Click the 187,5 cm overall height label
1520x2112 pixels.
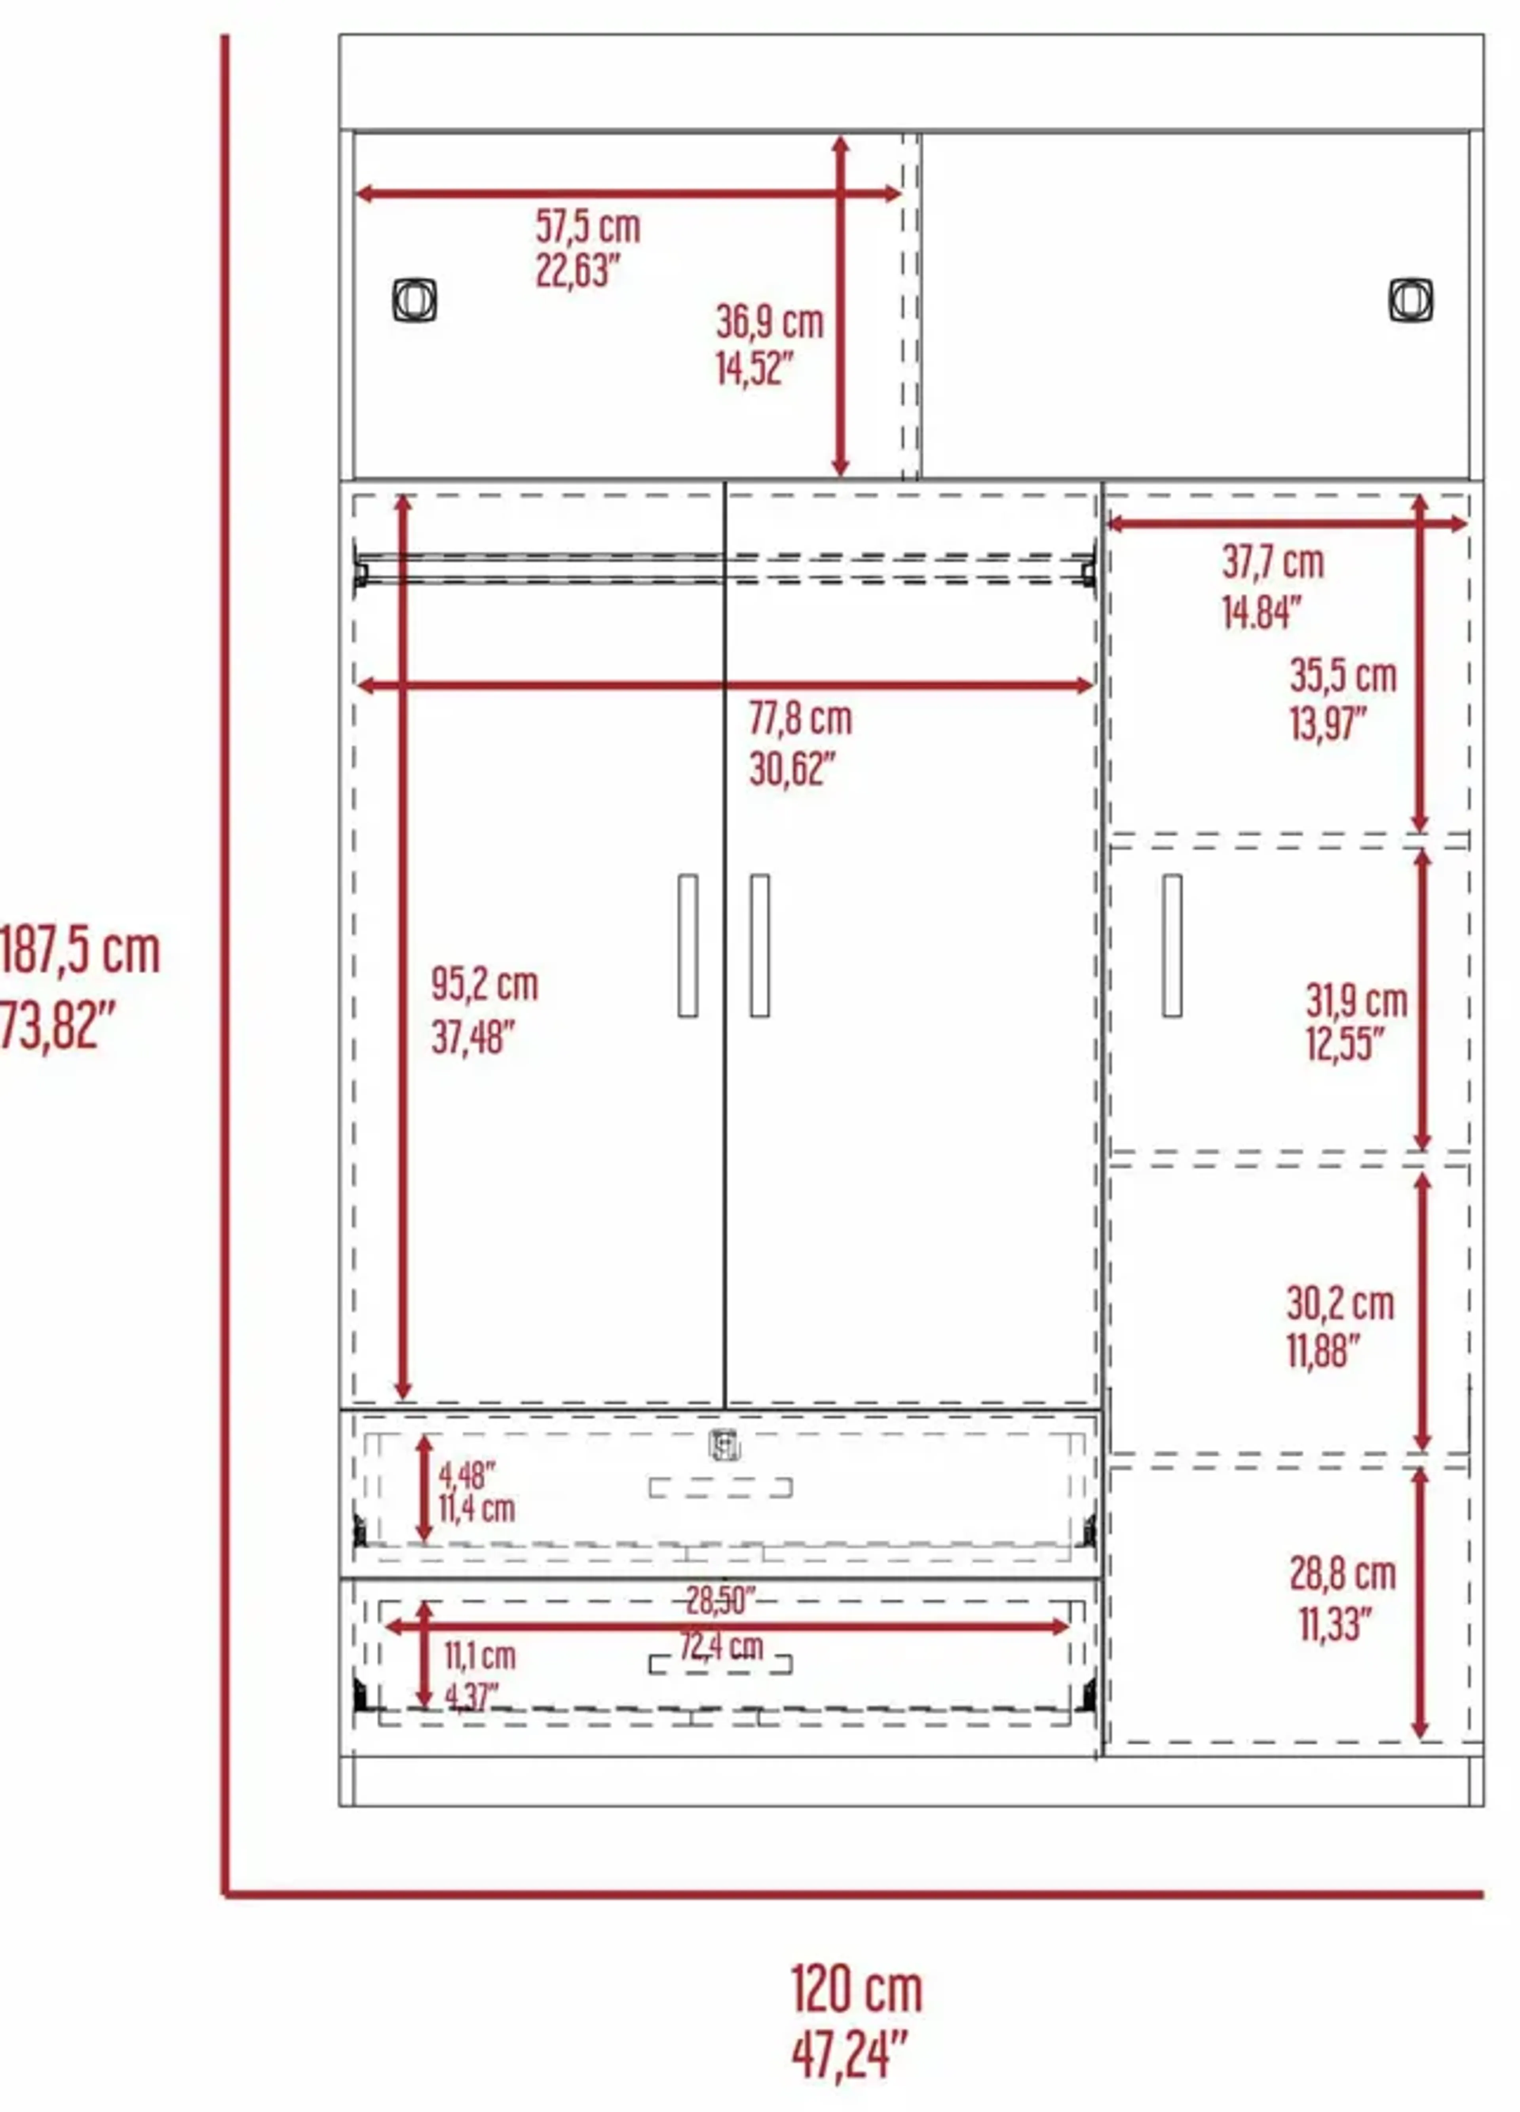[80, 951]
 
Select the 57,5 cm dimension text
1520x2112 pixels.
[588, 226]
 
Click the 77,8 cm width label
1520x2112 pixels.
[800, 719]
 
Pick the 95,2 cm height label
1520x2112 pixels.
[484, 984]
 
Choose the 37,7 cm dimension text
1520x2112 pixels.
[1272, 562]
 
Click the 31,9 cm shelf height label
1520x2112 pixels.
[1356, 1001]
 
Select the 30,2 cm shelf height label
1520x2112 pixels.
[1340, 1304]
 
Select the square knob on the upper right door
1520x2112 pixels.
[1411, 300]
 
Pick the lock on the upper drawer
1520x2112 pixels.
[726, 1445]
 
